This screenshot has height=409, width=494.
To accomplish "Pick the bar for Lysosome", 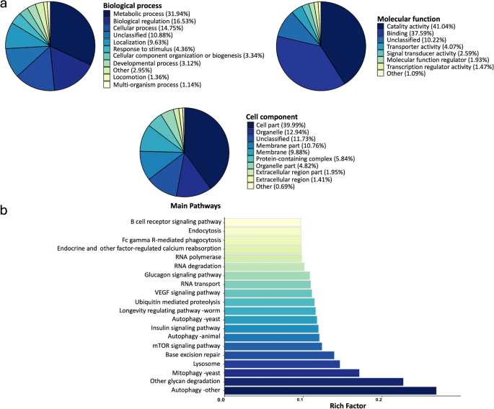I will pyautogui.click(x=281, y=364).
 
